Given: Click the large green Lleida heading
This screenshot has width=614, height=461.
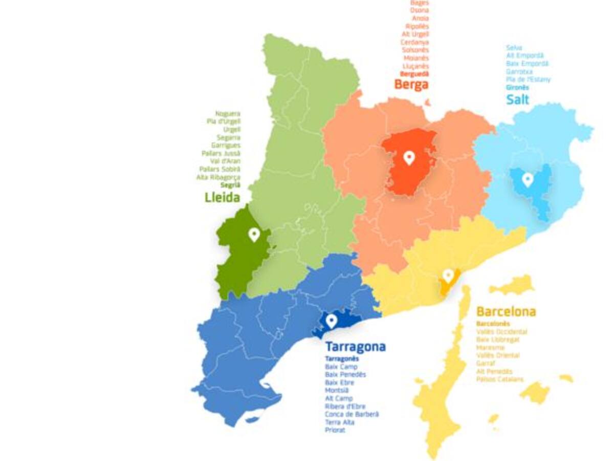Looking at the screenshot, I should (x=222, y=197).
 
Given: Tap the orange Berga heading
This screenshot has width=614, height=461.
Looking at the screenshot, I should (x=411, y=85).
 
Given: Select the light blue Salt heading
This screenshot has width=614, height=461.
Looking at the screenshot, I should (x=517, y=99).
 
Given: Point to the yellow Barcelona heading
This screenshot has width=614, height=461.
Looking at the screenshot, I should (x=506, y=311).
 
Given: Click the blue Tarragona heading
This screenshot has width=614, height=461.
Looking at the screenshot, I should (x=355, y=347).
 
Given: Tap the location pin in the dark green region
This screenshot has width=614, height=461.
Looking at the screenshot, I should (x=254, y=235).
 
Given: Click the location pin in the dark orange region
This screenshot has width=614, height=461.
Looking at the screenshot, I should (x=408, y=157).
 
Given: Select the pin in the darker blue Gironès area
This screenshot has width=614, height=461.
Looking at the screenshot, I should (x=528, y=179).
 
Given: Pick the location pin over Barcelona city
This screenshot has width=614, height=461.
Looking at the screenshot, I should (x=448, y=276).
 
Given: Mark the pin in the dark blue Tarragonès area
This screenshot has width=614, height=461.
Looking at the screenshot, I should (x=332, y=321).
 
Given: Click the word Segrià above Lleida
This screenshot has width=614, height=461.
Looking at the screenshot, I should (x=230, y=185).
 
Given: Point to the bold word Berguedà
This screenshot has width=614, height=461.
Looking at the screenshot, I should (x=414, y=74).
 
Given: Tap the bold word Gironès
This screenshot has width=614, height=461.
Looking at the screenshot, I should (x=517, y=88).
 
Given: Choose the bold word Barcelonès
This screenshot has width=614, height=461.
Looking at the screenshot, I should (x=493, y=324).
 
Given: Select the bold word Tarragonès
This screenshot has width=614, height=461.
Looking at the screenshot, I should (x=342, y=359).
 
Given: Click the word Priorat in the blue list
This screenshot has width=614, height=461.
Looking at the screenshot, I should (x=335, y=430).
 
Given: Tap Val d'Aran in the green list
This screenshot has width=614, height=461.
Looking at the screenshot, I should (x=225, y=161).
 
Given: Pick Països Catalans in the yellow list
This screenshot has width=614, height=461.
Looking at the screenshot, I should (x=499, y=380).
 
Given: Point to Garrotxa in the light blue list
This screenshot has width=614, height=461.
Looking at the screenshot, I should (x=519, y=72).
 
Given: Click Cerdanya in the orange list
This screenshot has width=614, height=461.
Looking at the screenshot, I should (x=414, y=42).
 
